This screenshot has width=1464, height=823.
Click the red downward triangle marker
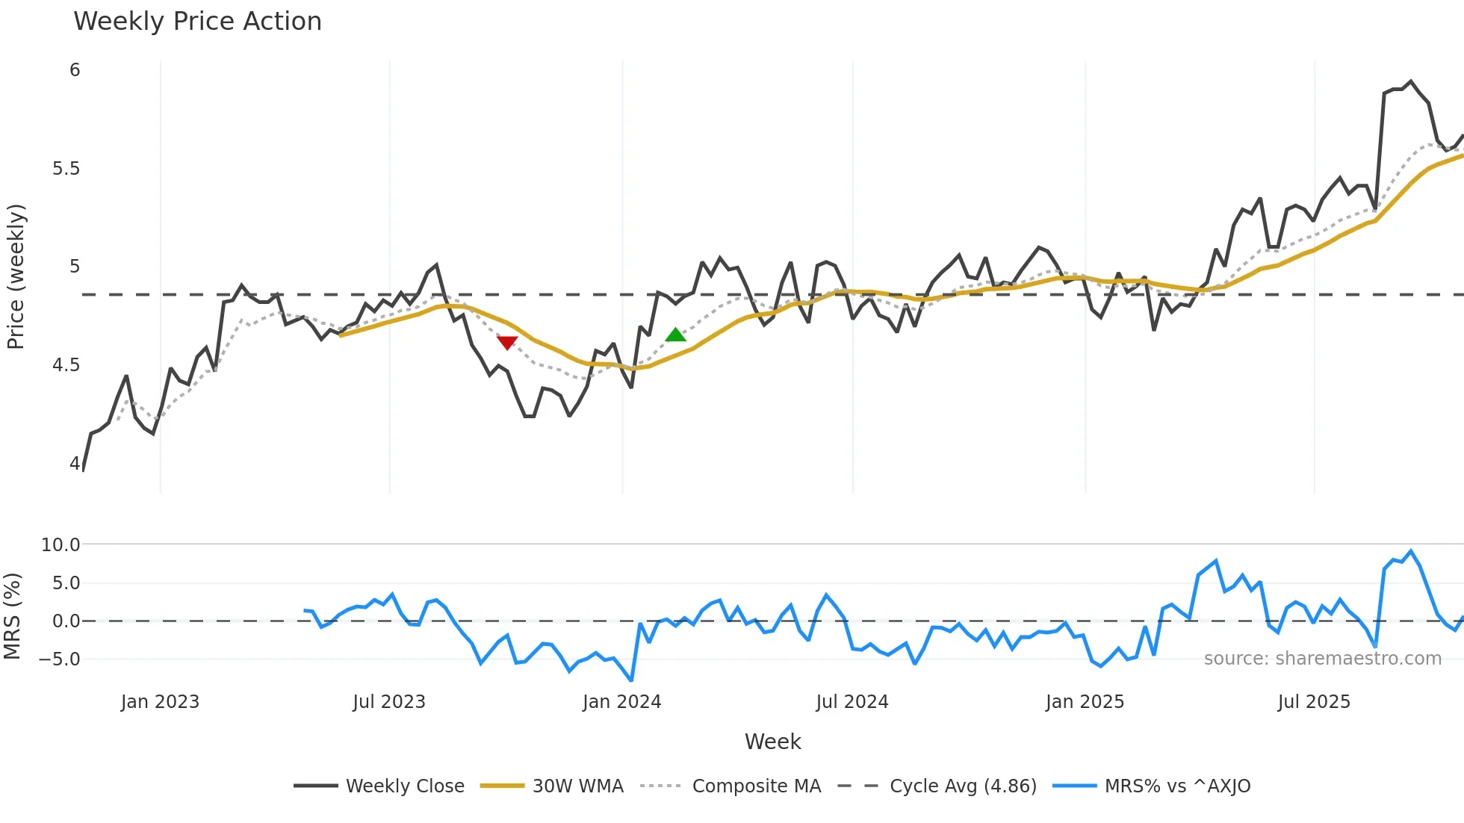[x=507, y=342]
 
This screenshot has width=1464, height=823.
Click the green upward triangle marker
[x=675, y=335]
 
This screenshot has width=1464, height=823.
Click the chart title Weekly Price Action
[x=197, y=22]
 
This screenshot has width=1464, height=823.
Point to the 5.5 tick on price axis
[x=66, y=169]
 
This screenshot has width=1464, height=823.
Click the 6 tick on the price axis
[x=75, y=70]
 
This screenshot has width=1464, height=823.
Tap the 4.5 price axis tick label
[x=66, y=365]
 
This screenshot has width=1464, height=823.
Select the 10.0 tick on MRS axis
[x=60, y=545]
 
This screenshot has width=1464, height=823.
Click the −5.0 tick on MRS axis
[x=60, y=659]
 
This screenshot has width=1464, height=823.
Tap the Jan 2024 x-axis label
[x=621, y=702]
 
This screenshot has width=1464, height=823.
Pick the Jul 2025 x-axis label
[x=1313, y=702]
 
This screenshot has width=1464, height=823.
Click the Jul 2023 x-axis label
[x=388, y=702]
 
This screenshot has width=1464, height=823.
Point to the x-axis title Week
[x=772, y=742]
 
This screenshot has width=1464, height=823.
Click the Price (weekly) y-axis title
[x=16, y=276]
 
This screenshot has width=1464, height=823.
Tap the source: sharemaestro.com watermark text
[x=1322, y=659]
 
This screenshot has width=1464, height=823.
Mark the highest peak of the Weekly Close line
[x=1410, y=81]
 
